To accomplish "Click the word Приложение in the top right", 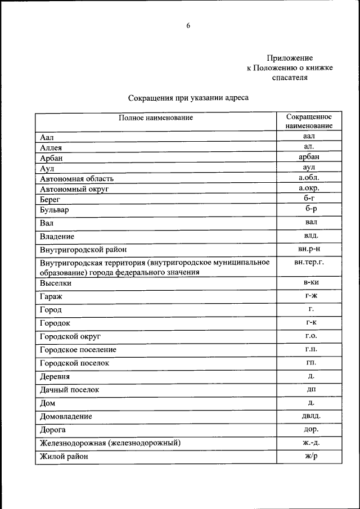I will point(290,58).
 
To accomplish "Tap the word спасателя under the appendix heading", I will point(290,78).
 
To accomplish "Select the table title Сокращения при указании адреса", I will point(188,98).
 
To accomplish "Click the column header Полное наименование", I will point(156,118).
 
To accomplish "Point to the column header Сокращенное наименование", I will point(308,121).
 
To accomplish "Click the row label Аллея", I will point(51,147).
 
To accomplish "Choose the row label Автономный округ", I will point(74,189).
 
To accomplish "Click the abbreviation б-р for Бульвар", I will point(311,209).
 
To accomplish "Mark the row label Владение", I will point(57,237).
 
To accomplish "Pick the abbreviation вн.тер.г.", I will point(309,262).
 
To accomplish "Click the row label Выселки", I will point(56,283).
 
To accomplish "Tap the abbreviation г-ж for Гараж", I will point(311,295).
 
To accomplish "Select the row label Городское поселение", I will point(78,350).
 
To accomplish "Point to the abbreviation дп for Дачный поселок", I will point(311,389).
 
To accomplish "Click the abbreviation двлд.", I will point(311,416).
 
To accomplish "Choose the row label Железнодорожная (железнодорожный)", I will point(110,443).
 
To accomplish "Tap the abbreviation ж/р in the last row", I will point(311,456).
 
